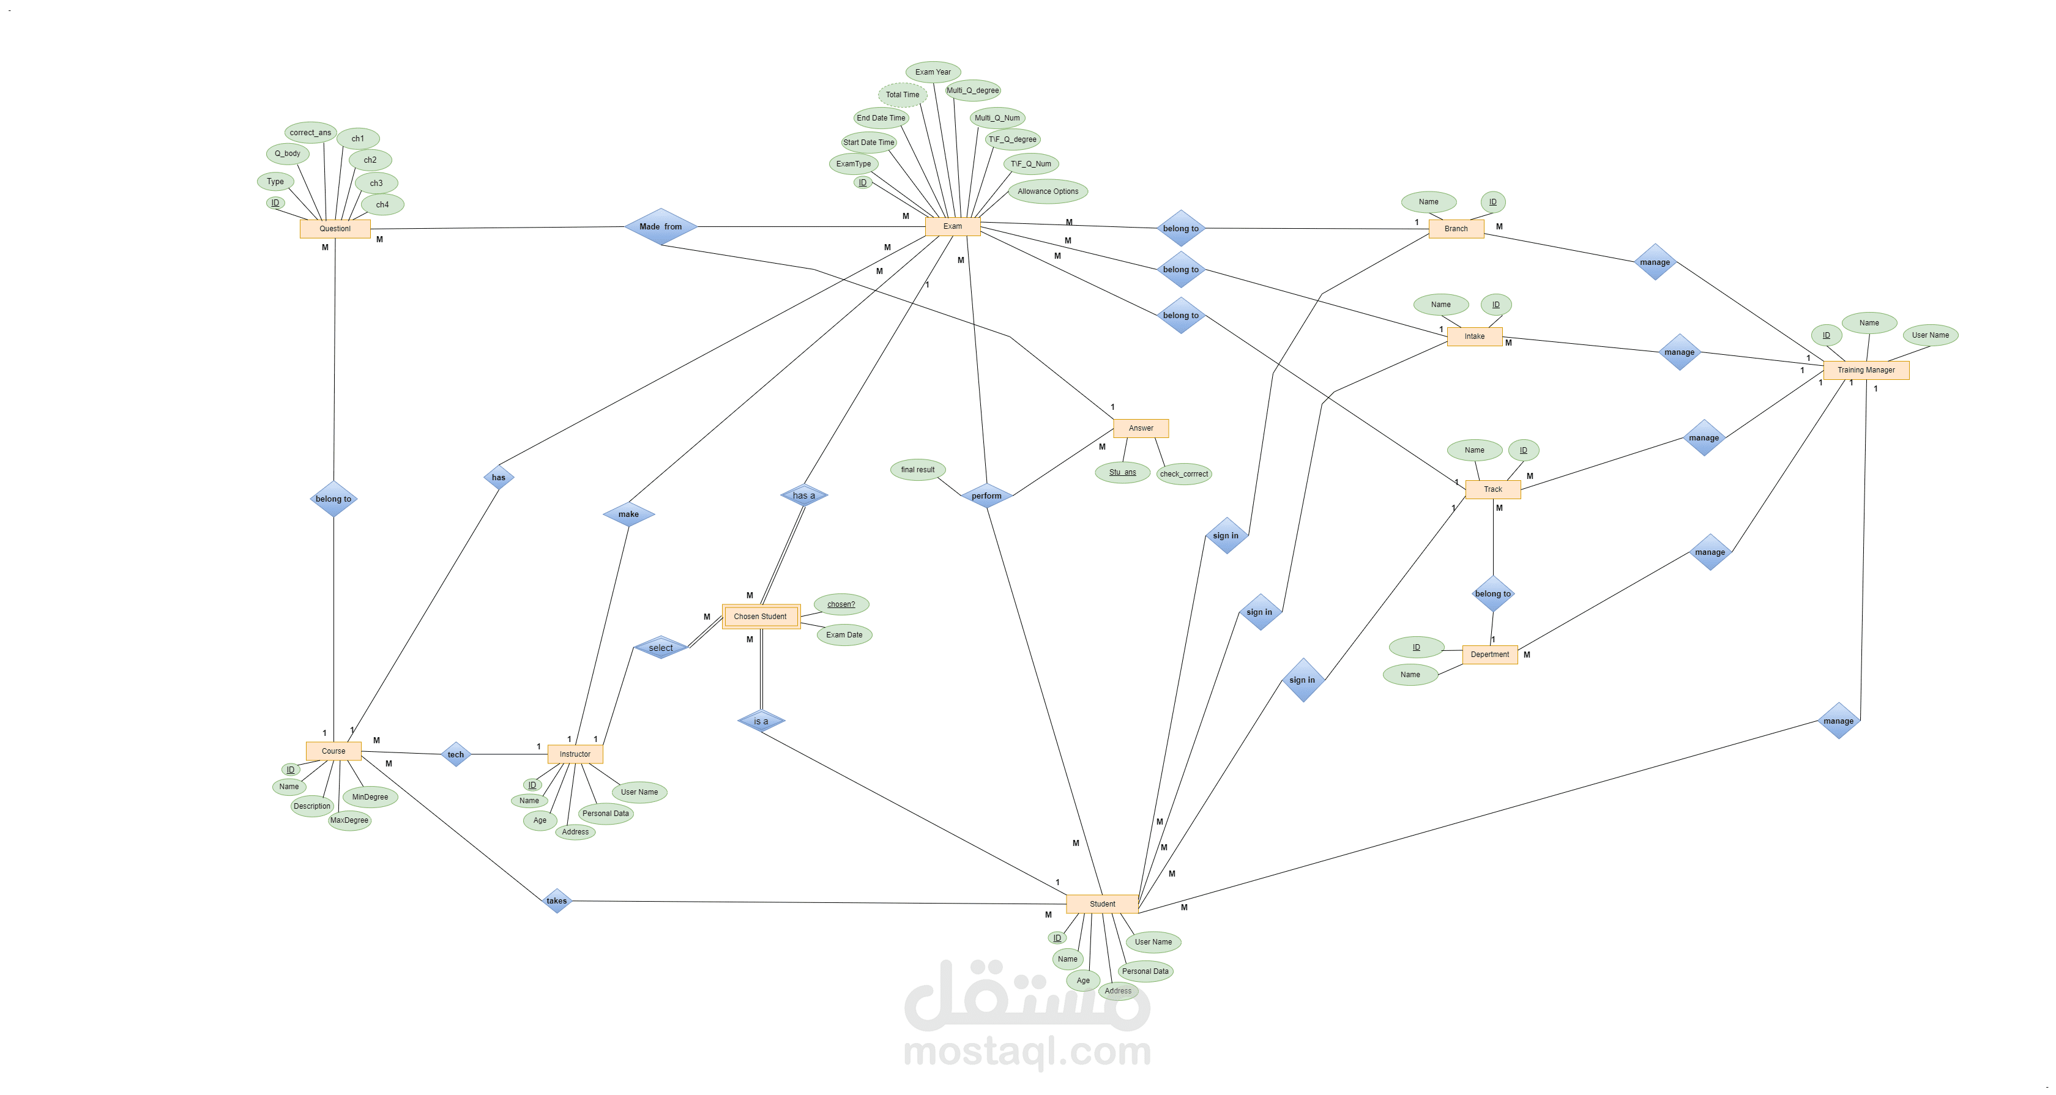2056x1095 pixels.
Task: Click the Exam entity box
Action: (952, 227)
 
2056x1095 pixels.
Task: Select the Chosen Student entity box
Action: (761, 616)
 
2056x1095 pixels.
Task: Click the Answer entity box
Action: (1141, 429)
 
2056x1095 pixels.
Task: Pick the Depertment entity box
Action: (1489, 655)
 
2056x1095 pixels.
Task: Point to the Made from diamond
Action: (661, 227)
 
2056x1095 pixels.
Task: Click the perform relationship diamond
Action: (986, 496)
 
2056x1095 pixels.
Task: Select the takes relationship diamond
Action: (556, 901)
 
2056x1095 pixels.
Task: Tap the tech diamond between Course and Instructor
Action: (456, 754)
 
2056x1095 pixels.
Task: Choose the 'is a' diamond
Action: (761, 721)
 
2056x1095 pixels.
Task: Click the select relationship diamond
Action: (661, 647)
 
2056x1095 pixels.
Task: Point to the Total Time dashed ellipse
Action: (903, 95)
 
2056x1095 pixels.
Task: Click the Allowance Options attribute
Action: (1048, 191)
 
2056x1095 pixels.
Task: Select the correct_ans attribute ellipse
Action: (310, 133)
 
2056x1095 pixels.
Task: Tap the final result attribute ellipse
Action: (918, 469)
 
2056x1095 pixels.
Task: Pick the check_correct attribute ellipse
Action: (1183, 474)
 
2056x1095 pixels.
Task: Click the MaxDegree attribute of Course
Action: (349, 820)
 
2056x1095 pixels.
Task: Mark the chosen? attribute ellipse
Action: (841, 604)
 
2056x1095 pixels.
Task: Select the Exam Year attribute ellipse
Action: (933, 72)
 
